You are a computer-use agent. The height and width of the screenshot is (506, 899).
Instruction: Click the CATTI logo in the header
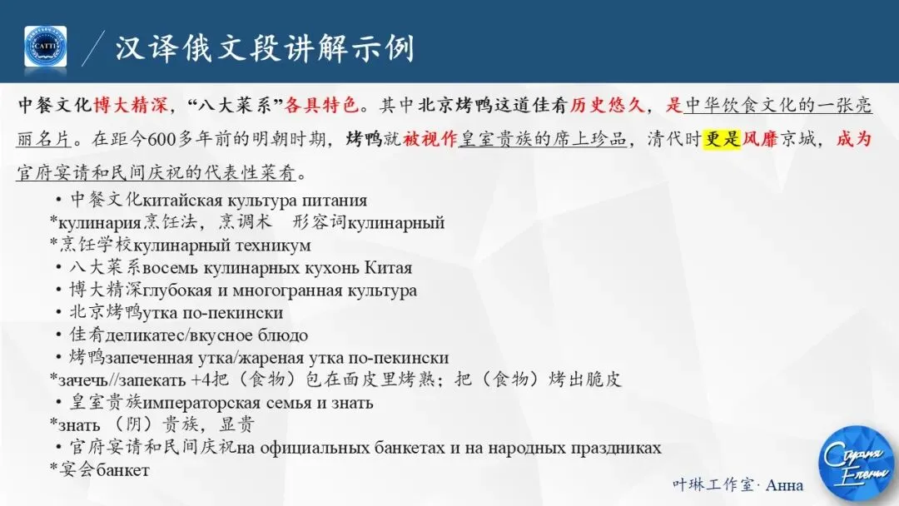click(45, 47)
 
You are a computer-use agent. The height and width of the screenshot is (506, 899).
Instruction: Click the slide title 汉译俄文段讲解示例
click(265, 47)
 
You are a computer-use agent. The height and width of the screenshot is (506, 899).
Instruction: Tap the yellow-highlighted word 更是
click(722, 139)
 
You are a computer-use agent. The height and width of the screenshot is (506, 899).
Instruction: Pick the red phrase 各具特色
click(322, 106)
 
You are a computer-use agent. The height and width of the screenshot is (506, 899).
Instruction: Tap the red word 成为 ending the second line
click(853, 139)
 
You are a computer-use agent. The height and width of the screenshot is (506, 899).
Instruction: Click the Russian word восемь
click(171, 268)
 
